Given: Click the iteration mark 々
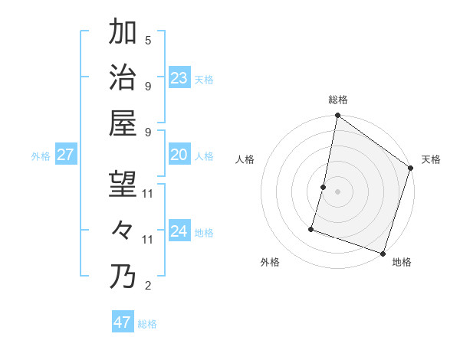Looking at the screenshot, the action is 123,230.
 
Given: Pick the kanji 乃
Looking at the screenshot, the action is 123,276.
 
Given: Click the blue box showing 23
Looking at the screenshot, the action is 179,77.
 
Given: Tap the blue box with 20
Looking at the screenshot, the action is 179,155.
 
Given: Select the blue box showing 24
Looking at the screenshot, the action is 179,231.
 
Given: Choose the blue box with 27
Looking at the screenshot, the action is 66,155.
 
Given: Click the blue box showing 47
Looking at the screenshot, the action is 123,322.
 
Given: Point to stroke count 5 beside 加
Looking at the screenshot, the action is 148,40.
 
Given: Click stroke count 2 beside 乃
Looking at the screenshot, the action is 148,286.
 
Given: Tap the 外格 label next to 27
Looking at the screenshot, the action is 41,156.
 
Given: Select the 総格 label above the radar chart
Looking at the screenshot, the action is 338,100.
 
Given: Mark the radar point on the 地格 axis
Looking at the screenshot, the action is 383,254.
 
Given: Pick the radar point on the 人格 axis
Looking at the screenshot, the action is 324,187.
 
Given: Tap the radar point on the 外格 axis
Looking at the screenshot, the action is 312,228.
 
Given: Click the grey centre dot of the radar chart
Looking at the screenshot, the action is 337,191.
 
